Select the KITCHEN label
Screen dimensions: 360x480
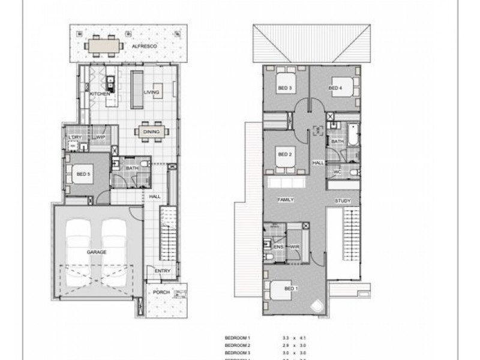[100, 94]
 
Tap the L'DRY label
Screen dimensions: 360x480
[75, 137]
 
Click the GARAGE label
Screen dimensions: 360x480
[96, 252]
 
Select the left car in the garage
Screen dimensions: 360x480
[79, 247]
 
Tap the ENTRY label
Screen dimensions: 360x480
[162, 271]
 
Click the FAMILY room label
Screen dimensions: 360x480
[284, 199]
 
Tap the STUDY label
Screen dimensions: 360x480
[343, 201]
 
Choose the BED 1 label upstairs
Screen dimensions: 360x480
[290, 289]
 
